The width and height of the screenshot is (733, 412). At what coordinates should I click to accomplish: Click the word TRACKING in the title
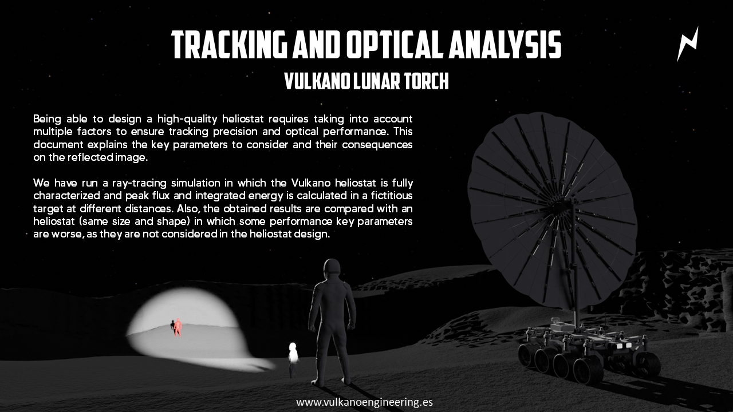[229, 45]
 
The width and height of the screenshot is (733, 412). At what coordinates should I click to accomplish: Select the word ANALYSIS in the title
[505, 45]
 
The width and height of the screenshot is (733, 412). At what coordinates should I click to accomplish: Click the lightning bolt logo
[688, 44]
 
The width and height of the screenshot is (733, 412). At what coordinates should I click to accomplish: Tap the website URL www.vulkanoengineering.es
[365, 402]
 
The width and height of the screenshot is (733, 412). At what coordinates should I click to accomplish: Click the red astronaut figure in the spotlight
[178, 327]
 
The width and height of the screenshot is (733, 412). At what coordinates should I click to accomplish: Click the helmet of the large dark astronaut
[332, 268]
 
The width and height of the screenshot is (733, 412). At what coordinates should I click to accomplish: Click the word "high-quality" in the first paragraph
[187, 118]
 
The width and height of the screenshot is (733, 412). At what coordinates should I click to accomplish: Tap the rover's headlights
[624, 345]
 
